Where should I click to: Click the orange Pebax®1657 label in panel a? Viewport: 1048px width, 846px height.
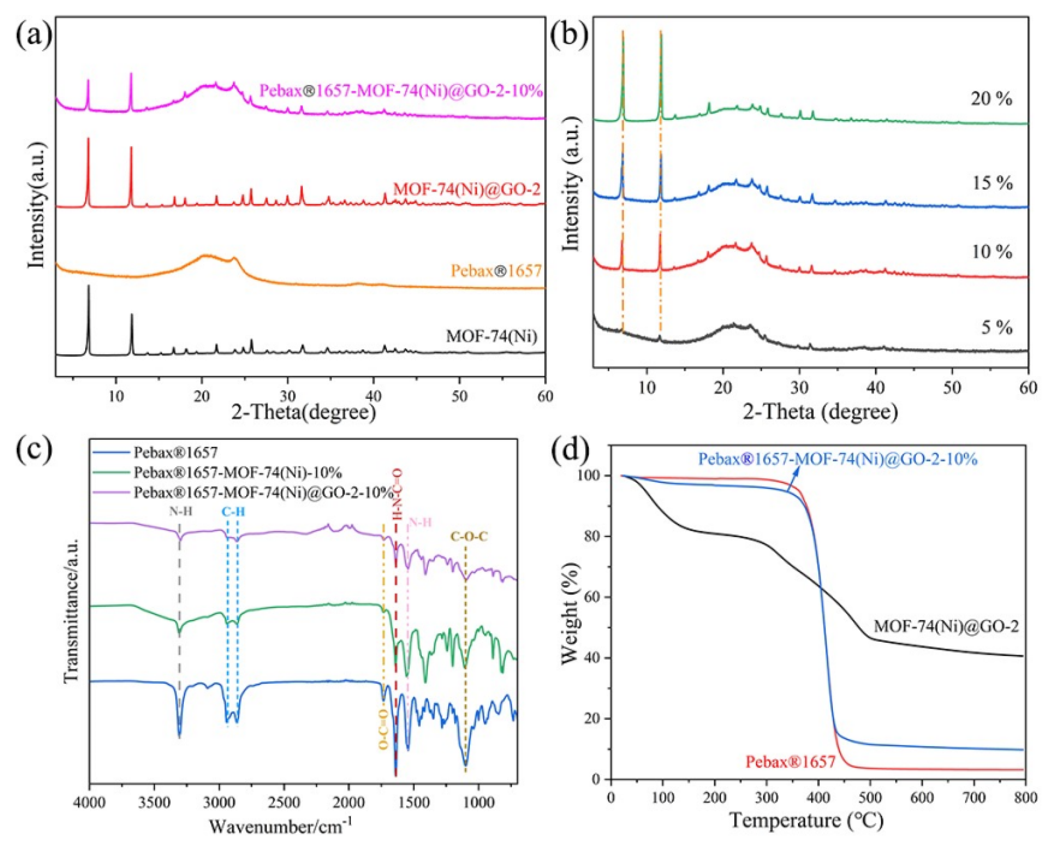(x=496, y=271)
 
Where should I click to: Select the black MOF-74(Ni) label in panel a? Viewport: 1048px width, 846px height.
(x=491, y=336)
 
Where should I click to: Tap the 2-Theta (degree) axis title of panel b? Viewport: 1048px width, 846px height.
(x=820, y=412)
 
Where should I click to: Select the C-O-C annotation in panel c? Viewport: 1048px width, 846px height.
(x=469, y=537)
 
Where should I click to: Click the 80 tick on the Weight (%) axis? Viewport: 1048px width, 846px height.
(x=592, y=537)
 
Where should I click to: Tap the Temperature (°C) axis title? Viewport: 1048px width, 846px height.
(x=807, y=820)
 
